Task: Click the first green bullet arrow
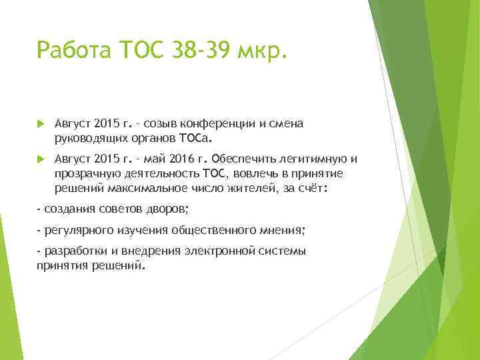coord(41,124)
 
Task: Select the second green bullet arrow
coord(41,159)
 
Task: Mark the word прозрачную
coord(83,173)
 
